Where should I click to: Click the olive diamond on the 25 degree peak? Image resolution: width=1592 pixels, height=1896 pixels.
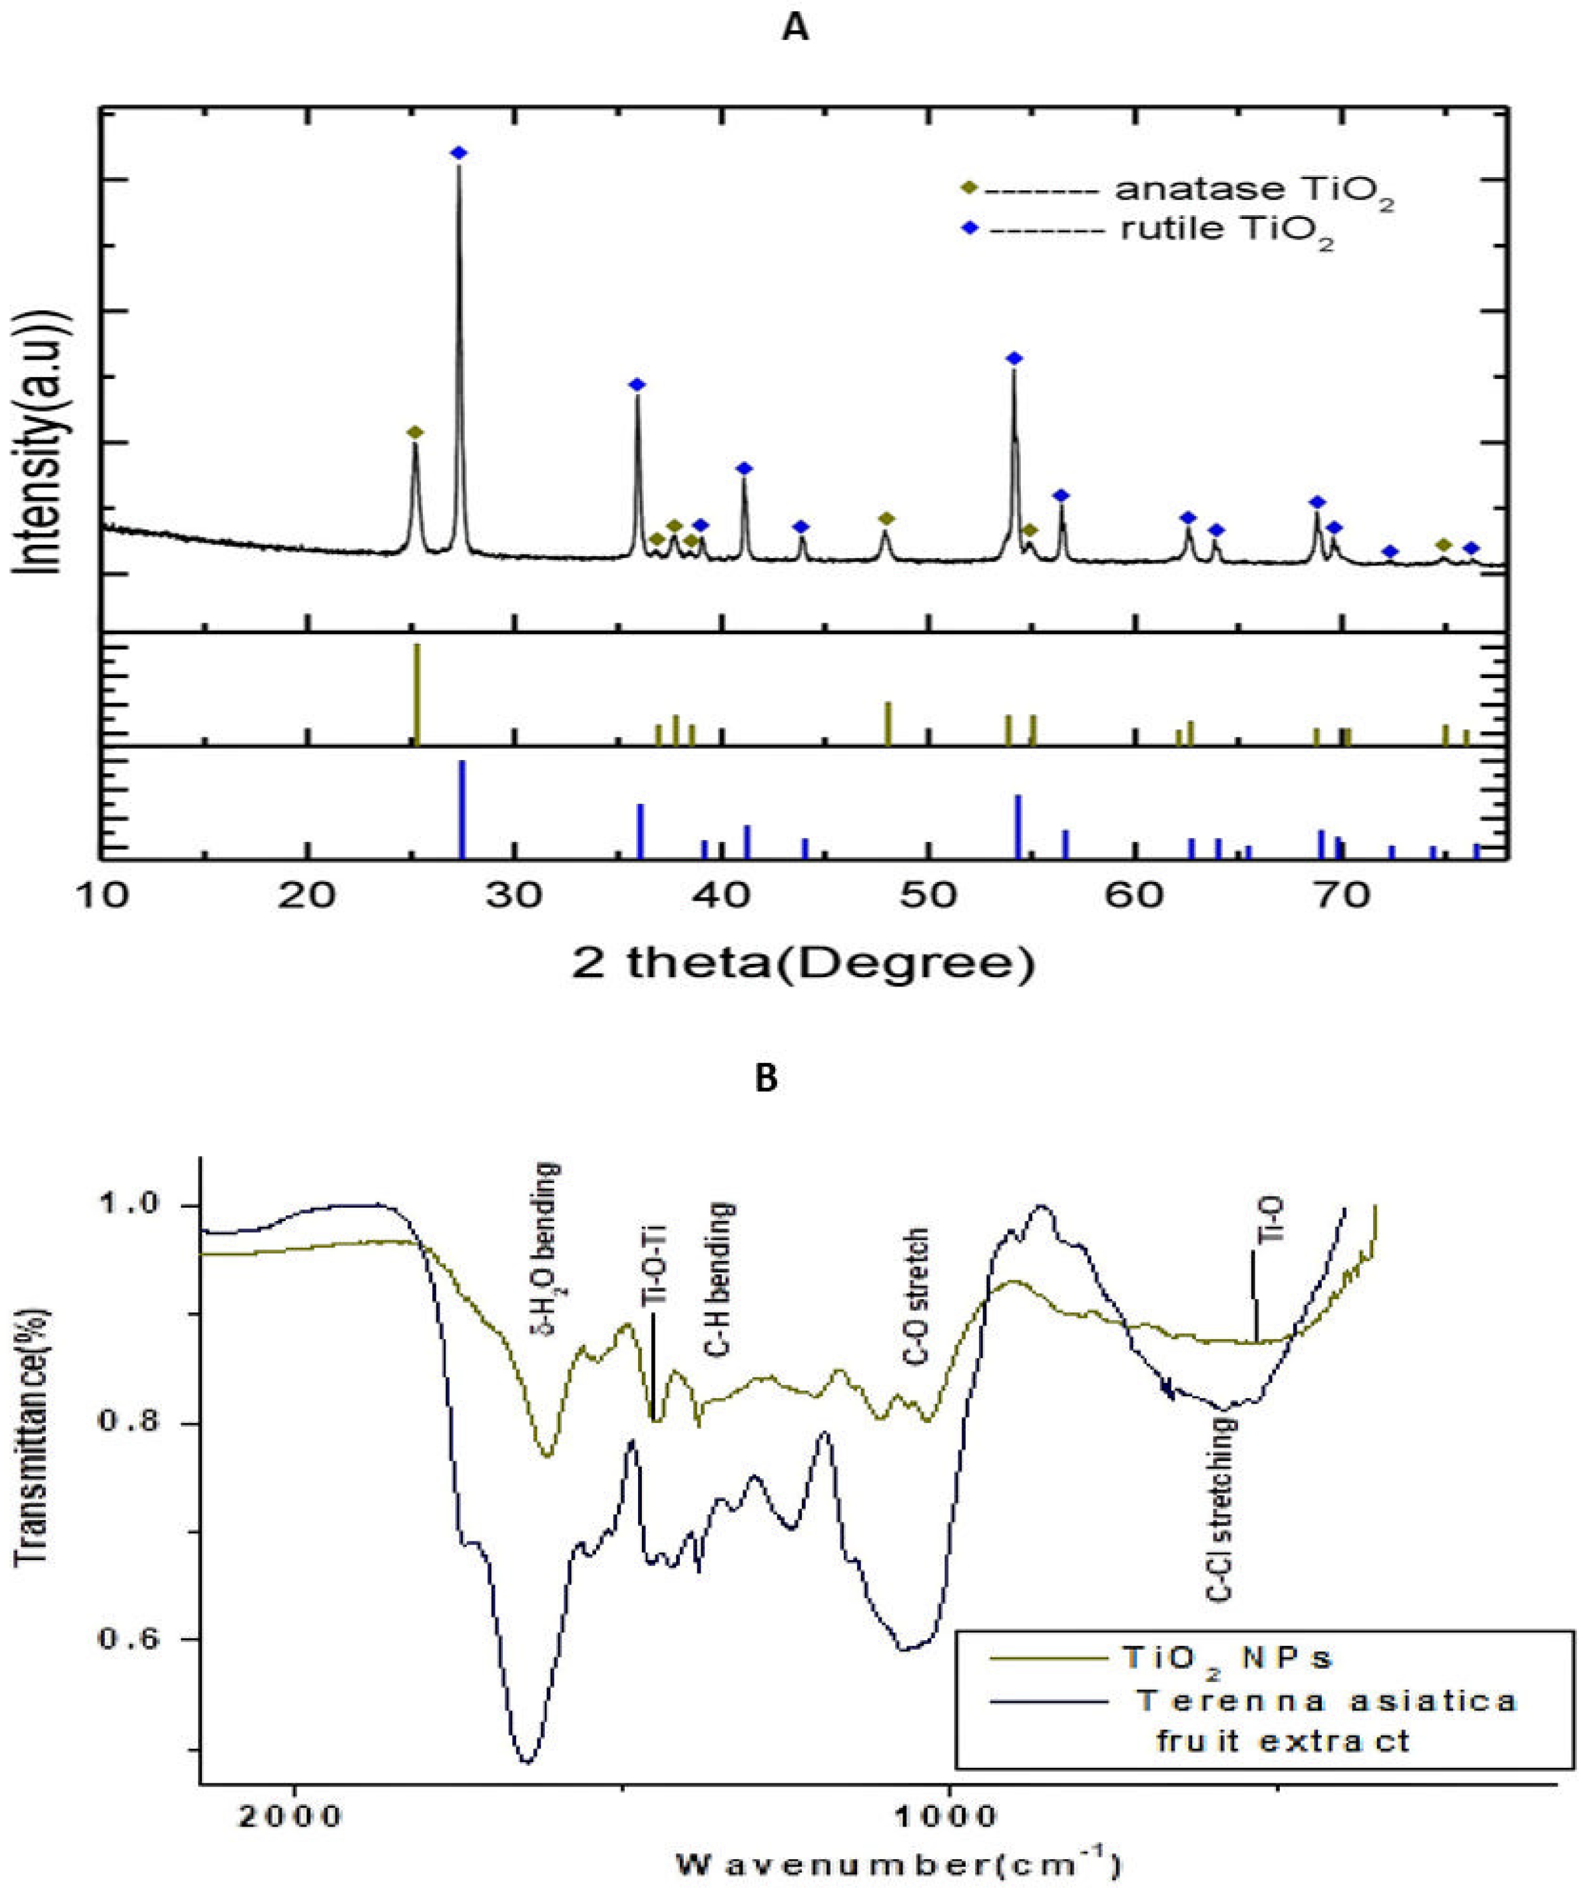click(415, 432)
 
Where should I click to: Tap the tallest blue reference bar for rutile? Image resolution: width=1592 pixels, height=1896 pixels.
click(462, 809)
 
